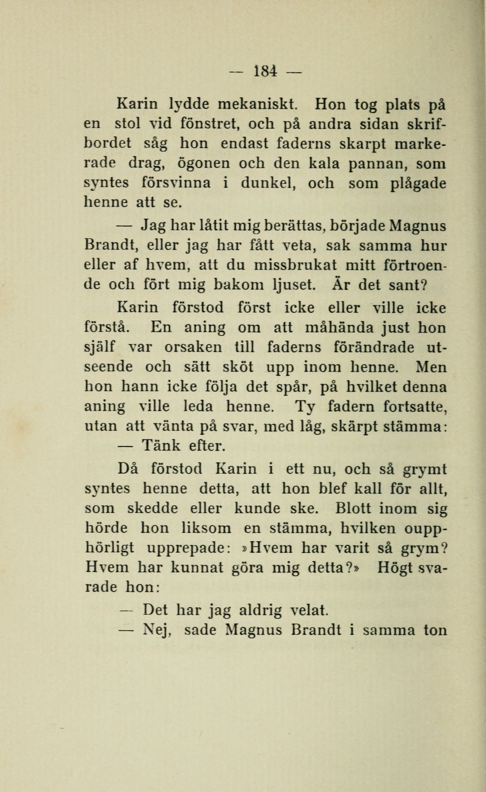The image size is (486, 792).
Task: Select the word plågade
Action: point(418,184)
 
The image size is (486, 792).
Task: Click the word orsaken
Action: point(193,347)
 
